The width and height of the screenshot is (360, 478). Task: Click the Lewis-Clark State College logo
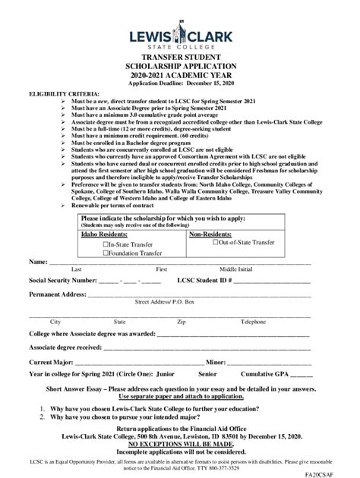click(180, 35)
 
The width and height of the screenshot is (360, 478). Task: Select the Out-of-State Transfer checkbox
click(215, 242)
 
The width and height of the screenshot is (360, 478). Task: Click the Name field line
click(182, 263)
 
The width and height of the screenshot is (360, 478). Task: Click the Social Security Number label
click(62, 280)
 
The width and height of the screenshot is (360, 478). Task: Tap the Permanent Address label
click(57, 294)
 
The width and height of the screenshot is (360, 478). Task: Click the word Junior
click(165, 374)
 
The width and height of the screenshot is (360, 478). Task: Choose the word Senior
click(207, 374)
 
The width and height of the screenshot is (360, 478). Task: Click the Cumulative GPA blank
click(302, 375)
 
